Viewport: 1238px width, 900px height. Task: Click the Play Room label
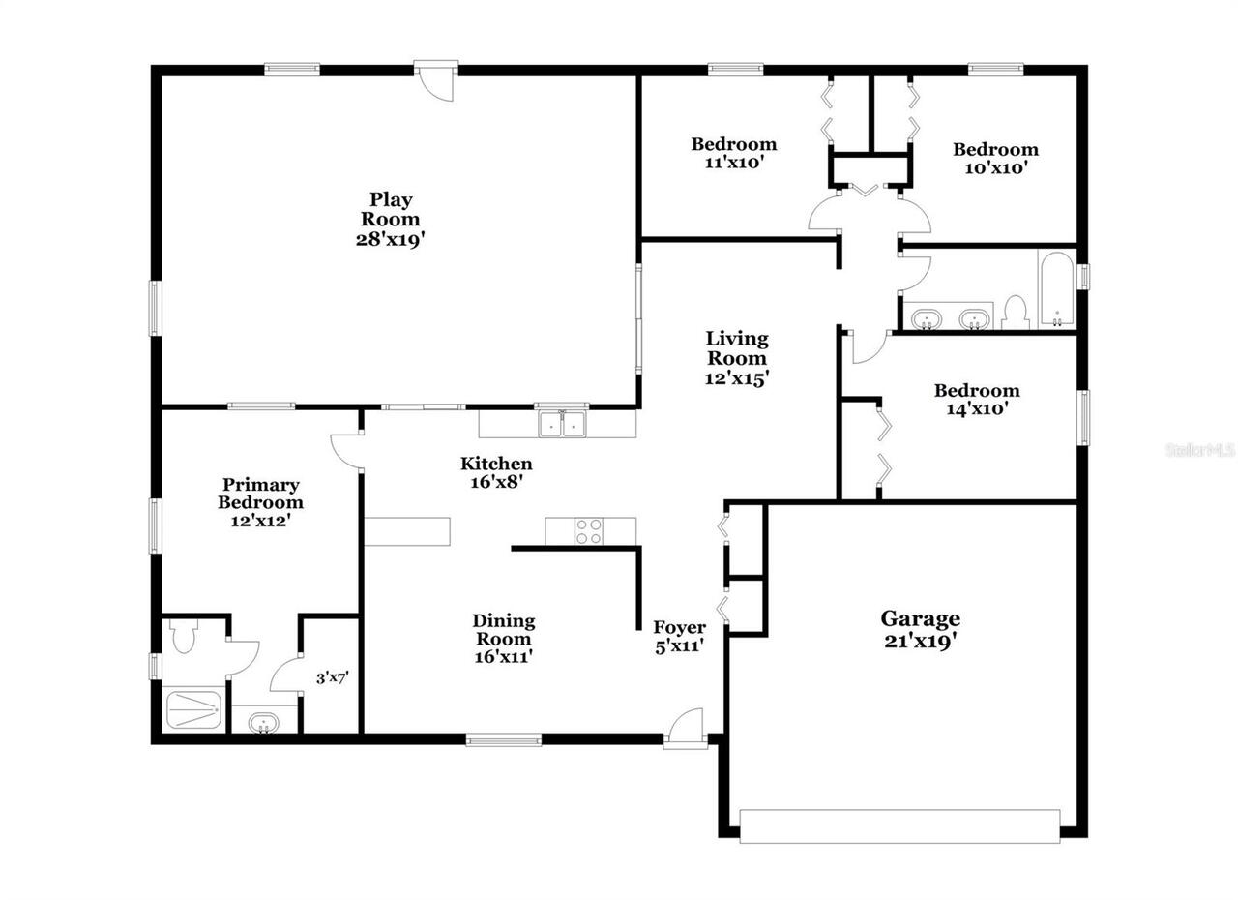391,219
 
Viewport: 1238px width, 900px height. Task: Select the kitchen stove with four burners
589,531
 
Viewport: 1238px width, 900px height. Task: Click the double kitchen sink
562,424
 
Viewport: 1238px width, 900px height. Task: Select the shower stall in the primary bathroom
194,710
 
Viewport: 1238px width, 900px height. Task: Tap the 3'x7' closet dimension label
332,678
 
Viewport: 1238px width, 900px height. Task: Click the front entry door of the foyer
685,729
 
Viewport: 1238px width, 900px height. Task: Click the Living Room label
737,358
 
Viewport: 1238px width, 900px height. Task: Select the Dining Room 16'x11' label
503,639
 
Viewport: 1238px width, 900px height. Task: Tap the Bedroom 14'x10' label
976,400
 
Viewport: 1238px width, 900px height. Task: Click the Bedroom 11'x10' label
733,153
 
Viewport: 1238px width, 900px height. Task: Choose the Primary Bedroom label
260,501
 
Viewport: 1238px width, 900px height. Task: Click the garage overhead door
899,825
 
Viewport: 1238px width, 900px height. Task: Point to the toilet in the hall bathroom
1014,312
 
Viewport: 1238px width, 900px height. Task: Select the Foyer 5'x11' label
679,636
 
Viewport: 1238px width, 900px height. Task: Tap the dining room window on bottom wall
503,740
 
